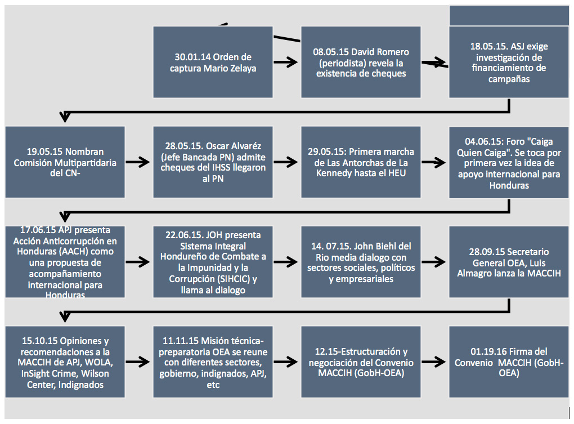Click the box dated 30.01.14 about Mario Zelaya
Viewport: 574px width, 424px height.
213,62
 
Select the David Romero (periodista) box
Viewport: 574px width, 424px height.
361,62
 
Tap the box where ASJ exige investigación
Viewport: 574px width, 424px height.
509,62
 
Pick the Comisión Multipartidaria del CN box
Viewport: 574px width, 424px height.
65,162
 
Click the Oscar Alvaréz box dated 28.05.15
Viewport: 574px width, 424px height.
213,162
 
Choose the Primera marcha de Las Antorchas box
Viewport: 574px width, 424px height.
361,162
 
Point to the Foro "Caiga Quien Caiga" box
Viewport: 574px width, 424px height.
509,162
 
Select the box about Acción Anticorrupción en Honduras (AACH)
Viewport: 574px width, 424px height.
65,262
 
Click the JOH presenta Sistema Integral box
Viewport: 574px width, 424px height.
213,262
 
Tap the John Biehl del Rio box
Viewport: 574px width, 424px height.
361,262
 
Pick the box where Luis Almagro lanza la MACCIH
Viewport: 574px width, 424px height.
509,262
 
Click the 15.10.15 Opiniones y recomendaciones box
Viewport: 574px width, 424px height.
65,361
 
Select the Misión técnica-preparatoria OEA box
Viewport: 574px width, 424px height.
213,361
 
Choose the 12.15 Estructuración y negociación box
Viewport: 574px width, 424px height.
361,361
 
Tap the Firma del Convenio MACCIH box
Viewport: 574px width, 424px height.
509,361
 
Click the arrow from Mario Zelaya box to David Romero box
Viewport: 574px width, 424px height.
286,63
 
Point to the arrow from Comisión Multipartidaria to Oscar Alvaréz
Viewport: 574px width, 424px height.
138,162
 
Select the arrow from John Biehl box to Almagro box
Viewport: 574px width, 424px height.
434,262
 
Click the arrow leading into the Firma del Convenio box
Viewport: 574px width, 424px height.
434,361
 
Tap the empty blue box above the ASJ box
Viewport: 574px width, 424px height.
509,15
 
